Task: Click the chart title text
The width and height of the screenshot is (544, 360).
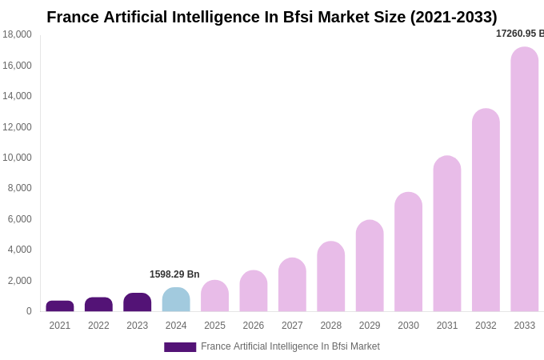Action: tap(272, 17)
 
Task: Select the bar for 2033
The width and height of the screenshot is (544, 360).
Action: tap(525, 179)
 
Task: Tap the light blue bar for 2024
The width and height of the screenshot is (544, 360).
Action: tap(176, 300)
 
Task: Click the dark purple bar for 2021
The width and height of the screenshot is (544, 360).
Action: tap(60, 306)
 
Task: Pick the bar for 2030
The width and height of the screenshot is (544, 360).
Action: tap(408, 252)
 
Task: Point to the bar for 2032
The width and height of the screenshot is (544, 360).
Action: tap(486, 210)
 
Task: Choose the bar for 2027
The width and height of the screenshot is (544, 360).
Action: tap(292, 285)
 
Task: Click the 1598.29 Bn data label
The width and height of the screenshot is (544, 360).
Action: tap(174, 274)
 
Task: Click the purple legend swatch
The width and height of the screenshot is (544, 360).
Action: tap(180, 347)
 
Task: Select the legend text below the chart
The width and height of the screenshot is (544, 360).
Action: tap(290, 346)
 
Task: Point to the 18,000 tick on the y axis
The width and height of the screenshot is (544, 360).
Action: tap(17, 34)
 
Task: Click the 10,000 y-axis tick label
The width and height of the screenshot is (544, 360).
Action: tap(17, 158)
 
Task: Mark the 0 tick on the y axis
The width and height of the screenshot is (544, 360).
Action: tap(29, 311)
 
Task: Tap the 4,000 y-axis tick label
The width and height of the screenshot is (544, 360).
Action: tap(19, 250)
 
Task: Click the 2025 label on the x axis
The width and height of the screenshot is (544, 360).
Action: tap(214, 326)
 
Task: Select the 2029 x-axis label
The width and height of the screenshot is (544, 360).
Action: tap(370, 326)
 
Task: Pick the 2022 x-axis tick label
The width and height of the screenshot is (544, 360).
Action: tap(98, 326)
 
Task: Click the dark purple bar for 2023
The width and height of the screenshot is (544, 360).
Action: tap(138, 302)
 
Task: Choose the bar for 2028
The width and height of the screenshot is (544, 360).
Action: tap(330, 277)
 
